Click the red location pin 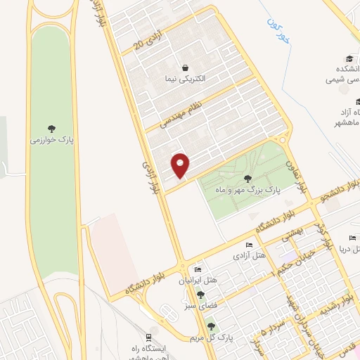(181, 165)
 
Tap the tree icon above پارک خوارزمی (51, 129)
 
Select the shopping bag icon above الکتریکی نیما (184, 68)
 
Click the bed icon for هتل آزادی (249, 245)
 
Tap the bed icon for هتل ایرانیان (198, 270)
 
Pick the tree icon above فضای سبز (201, 295)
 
